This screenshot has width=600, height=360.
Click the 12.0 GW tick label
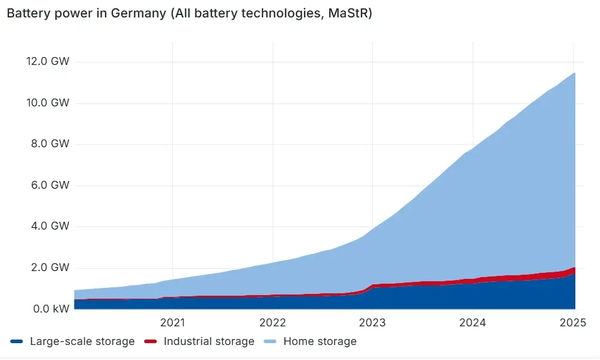coord(48,61)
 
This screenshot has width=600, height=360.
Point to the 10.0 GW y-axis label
coord(48,103)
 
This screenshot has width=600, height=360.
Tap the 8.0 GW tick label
coord(50,144)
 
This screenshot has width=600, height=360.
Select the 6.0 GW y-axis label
coord(50,185)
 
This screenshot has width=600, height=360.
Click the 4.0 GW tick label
coord(50,226)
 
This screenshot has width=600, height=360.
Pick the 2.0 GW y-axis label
coord(50,267)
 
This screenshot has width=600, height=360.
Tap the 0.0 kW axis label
coord(51,309)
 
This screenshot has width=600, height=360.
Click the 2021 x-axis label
coord(172,323)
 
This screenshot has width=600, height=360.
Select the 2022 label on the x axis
coord(273,323)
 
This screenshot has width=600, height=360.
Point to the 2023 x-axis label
coord(372,323)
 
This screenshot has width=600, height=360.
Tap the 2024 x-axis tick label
coord(473,323)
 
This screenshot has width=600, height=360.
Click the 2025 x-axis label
coord(573,323)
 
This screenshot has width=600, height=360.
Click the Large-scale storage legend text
coord(82,341)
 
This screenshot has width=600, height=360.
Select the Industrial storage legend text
coord(209,341)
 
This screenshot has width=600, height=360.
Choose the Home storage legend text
coord(320,341)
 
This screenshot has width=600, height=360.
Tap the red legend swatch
coord(150,341)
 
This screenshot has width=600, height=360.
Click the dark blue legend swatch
coord(16,341)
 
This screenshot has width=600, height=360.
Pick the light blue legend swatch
coord(270,341)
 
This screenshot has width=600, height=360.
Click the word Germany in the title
coord(139,13)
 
